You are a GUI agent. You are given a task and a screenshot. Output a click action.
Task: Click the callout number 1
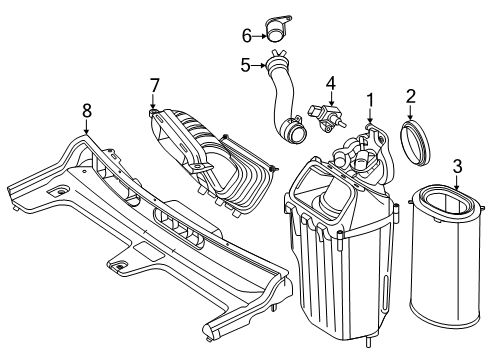point(370,101)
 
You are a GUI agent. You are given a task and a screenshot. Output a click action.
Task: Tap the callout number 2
point(411,97)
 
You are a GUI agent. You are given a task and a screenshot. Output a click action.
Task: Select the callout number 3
point(458,166)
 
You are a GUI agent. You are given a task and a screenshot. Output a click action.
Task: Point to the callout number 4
point(331,84)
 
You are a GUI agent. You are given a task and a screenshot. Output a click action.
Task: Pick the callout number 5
point(245,65)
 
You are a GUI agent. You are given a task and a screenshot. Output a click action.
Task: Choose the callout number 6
point(247,36)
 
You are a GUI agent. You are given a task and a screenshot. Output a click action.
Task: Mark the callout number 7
point(154,86)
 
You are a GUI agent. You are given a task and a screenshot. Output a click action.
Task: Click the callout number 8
point(87,111)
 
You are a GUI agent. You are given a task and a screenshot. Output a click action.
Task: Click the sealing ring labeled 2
point(415,144)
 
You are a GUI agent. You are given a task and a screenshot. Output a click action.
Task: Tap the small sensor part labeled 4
point(327,118)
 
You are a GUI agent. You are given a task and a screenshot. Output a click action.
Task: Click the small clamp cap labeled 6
point(277,29)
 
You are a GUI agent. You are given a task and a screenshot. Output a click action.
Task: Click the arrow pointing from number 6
point(259,36)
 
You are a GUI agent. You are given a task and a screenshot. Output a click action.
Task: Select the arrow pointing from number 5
point(258,66)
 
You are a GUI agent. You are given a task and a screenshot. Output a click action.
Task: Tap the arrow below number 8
point(87,127)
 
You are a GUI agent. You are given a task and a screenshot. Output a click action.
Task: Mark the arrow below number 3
point(458,183)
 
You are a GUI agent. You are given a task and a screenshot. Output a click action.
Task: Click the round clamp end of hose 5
point(293,132)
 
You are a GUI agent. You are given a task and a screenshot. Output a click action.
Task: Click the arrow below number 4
point(331,99)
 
